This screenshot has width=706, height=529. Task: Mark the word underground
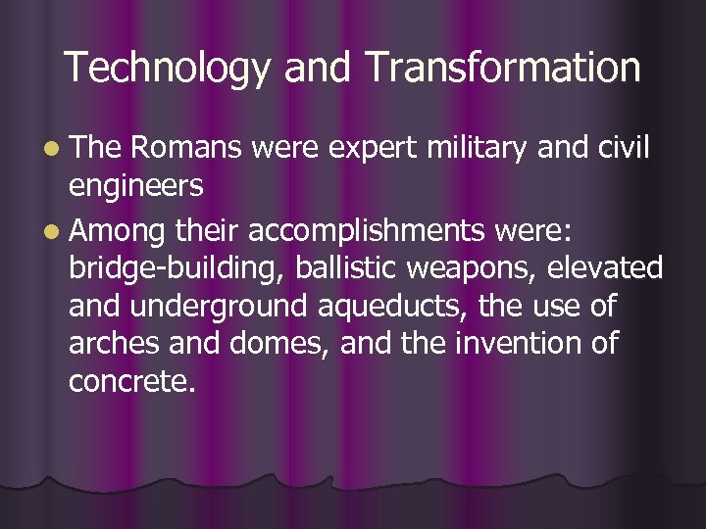[x=218, y=308]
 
